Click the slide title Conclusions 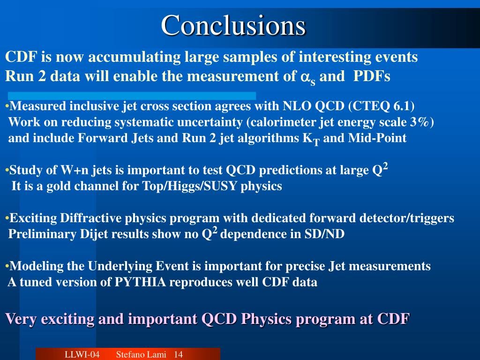pos(233,25)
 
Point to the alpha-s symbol pos(307,78)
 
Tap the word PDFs pos(372,76)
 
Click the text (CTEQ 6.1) pos(382,106)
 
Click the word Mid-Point pos(377,138)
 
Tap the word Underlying pos(120,266)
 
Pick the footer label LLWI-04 pos(82,354)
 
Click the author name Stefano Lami pos(141,354)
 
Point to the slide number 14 pos(178,354)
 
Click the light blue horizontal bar pos(132,96)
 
